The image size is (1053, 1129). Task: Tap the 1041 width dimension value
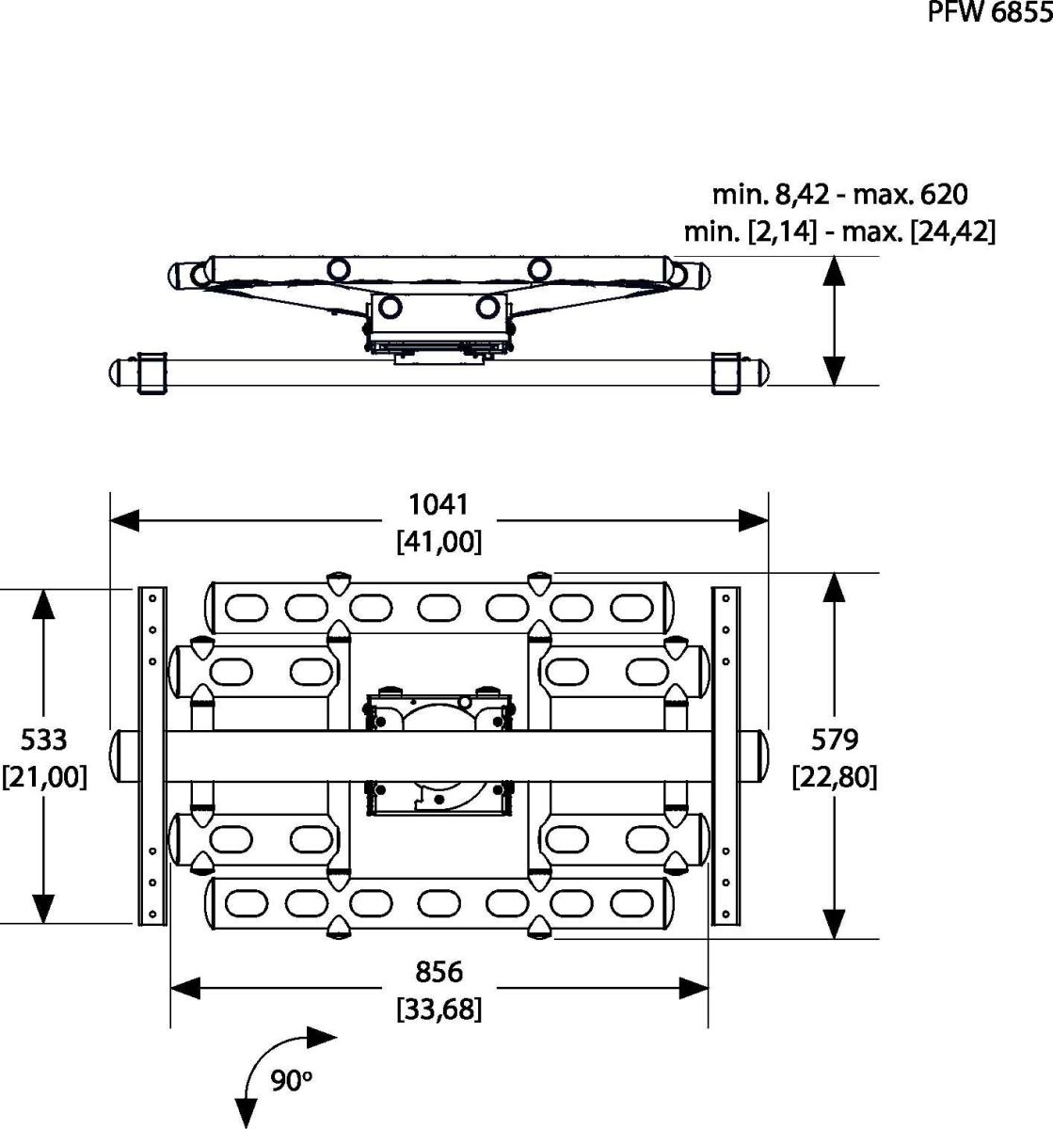point(439,505)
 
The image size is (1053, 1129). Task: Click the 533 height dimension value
point(44,739)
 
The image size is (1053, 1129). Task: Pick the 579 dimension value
point(835,739)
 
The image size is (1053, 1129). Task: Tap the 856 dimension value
point(439,971)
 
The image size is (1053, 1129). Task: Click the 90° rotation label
point(291,1080)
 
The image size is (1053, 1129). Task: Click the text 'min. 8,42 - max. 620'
point(839,195)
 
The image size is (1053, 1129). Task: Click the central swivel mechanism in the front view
point(439,753)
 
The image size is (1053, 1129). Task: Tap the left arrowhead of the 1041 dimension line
point(125,518)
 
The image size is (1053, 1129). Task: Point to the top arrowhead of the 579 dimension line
point(834,588)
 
